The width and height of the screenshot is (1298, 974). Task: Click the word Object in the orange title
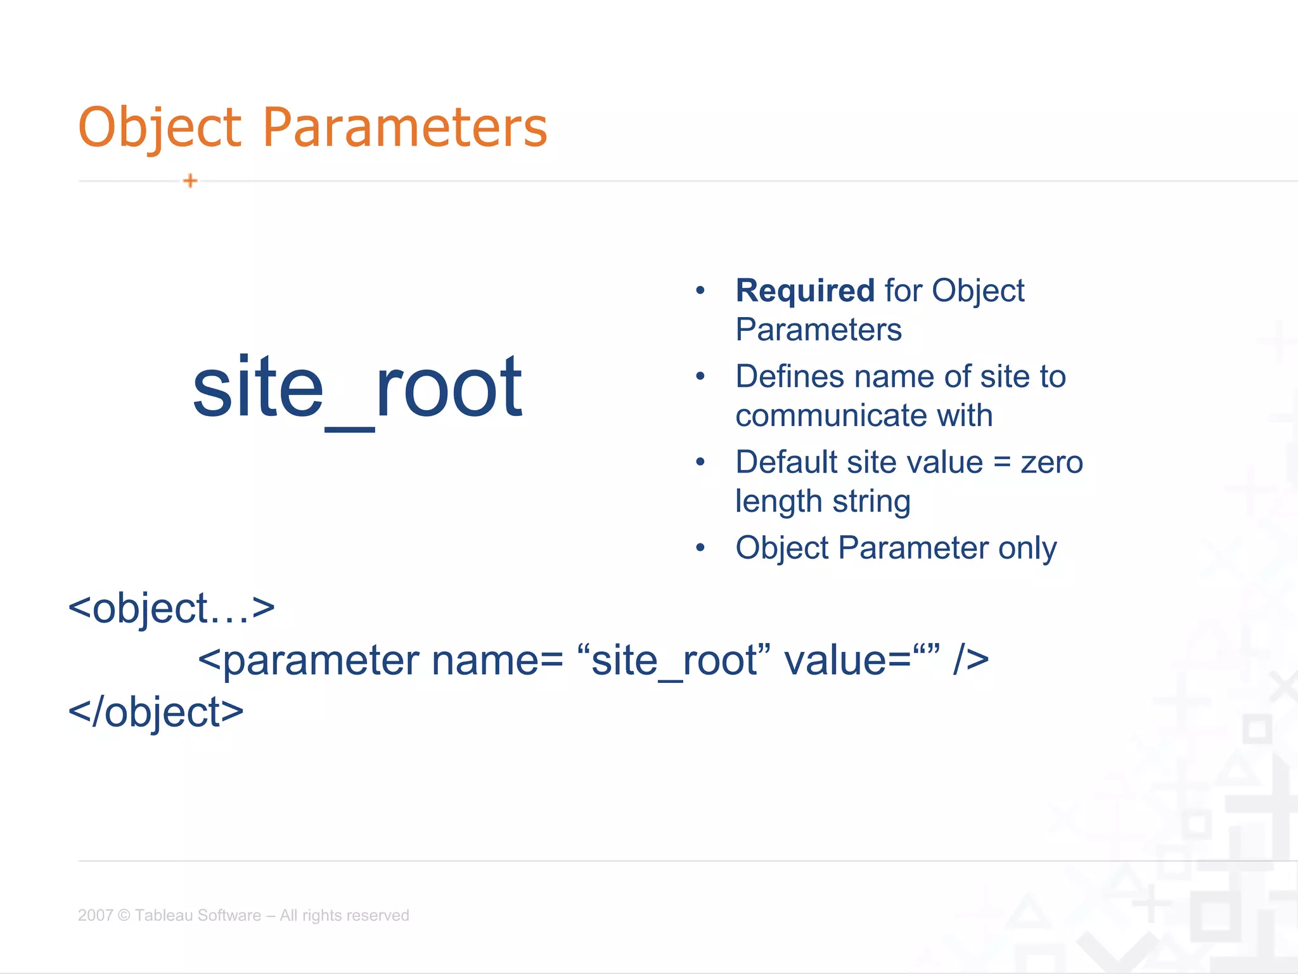point(160,128)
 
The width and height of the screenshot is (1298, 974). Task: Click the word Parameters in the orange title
point(404,128)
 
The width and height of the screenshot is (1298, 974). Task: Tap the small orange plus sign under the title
point(190,181)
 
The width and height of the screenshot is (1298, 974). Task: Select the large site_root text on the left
point(357,388)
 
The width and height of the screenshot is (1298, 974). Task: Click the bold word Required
point(805,291)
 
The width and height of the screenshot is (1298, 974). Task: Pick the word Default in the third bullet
point(786,462)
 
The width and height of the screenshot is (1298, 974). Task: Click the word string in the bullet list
point(871,502)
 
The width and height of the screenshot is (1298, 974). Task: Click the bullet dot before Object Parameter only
point(700,548)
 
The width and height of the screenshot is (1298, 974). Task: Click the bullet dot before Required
point(700,291)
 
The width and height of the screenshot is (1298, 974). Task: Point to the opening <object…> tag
point(171,609)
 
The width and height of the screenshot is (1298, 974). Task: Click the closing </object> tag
point(156,712)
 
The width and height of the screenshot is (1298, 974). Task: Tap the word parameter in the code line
point(321,661)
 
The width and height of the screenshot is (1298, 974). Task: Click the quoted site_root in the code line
point(675,661)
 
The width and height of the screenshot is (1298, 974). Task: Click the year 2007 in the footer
point(95,915)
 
